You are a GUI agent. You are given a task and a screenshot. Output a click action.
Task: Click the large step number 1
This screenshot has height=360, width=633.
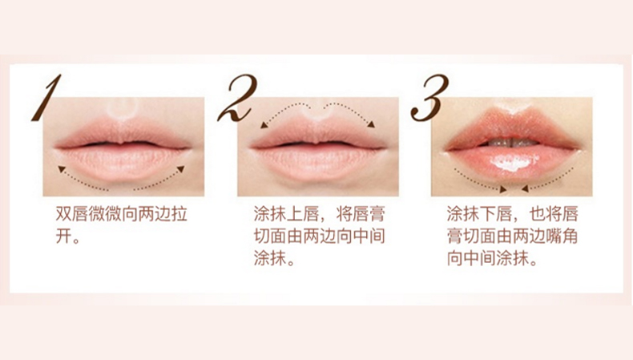tap(46, 98)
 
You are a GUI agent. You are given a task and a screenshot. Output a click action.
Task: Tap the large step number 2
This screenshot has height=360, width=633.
tap(237, 98)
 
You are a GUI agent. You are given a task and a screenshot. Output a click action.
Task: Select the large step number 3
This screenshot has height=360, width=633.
tap(430, 98)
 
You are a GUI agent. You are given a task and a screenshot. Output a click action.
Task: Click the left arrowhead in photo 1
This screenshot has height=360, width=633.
tap(62, 169)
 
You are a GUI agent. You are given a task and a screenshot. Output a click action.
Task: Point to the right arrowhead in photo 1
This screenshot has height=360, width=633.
tap(181, 169)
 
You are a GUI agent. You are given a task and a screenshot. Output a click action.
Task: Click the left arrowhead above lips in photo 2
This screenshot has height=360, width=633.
tap(264, 125)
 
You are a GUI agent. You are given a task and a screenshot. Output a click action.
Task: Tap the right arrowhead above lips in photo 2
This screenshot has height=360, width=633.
tap(371, 124)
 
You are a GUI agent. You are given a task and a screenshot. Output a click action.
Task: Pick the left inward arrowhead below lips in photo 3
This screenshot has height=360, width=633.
tap(503, 188)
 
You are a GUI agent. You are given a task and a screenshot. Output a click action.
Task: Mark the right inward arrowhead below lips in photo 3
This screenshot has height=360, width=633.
tap(525, 188)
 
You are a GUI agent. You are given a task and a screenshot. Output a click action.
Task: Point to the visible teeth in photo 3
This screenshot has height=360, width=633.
tap(512, 143)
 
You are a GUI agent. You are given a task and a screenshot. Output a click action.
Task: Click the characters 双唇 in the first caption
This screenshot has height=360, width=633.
tap(72, 214)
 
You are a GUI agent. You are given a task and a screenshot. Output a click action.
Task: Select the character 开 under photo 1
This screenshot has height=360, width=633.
tap(64, 237)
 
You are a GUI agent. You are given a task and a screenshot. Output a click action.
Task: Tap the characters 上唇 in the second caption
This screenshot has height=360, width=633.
tap(303, 214)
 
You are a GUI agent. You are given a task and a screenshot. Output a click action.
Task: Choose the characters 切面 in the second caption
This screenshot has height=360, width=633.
tap(270, 237)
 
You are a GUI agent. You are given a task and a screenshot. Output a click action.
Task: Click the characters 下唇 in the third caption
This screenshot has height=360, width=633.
tap(496, 214)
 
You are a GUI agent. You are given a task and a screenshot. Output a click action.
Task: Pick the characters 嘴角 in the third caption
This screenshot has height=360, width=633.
tap(562, 237)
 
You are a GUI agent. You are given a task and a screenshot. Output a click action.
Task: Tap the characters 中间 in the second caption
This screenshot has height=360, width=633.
tap(369, 237)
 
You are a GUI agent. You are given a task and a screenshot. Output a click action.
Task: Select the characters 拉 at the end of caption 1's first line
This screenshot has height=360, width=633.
tap(179, 214)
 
